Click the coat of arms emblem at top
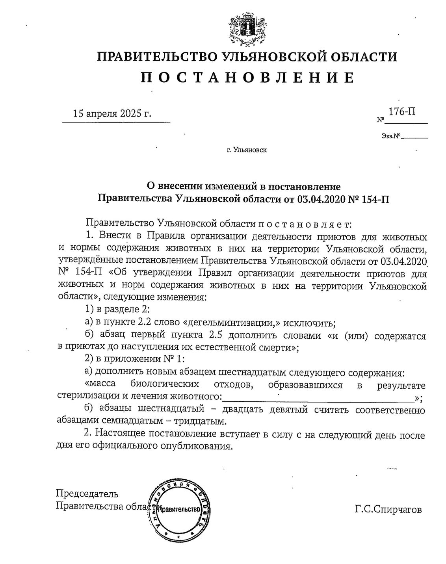point(247,28)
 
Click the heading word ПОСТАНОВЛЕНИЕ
point(247,77)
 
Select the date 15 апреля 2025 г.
point(112,114)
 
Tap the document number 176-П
point(401,112)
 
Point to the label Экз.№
point(390,136)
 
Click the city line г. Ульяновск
point(247,150)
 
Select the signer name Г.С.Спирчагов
point(388,510)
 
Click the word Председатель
point(87,494)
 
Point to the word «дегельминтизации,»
point(232,323)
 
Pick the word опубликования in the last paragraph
point(194,446)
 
